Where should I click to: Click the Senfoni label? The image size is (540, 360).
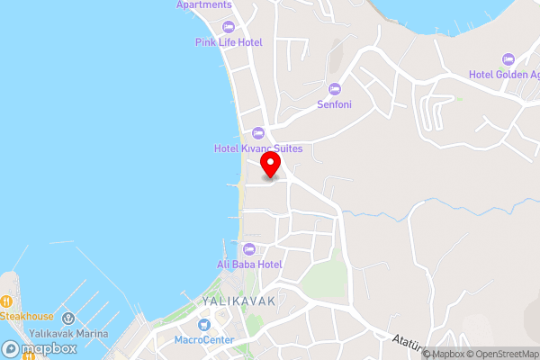(x=334, y=104)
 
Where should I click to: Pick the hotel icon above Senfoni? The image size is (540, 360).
(x=335, y=88)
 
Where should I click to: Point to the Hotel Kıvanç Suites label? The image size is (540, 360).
(x=257, y=148)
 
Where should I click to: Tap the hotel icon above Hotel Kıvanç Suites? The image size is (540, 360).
(x=257, y=133)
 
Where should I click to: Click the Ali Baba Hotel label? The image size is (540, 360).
(x=249, y=264)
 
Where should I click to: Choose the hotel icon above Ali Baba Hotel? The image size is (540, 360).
(x=249, y=248)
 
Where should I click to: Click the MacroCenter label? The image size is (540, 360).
(x=204, y=339)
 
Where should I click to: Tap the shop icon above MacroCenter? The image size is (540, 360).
(x=204, y=324)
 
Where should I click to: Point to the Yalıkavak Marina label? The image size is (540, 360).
(x=67, y=333)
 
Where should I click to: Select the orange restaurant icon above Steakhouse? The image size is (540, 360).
(x=4, y=301)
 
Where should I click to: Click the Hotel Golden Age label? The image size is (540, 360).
(x=503, y=74)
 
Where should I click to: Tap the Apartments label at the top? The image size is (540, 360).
(x=203, y=4)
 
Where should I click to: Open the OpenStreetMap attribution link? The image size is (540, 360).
(x=501, y=353)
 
